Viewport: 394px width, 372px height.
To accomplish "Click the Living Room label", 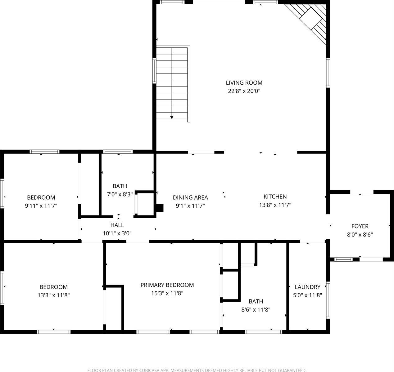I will click(x=244, y=83).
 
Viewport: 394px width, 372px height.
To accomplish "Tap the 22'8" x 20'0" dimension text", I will click(x=244, y=91).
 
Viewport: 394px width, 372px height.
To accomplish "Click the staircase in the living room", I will click(x=172, y=83).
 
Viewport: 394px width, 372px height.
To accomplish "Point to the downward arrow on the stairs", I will click(x=172, y=117).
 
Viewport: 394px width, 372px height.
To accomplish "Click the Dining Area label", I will click(x=190, y=197).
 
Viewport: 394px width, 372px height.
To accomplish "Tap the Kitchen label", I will click(x=275, y=197).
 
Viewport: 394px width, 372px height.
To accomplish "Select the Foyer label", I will click(x=360, y=226).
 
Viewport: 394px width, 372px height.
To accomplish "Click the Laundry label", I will click(x=307, y=287).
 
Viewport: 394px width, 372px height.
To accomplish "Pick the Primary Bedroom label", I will click(x=167, y=285).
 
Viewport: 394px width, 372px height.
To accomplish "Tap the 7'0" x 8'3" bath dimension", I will click(x=120, y=194).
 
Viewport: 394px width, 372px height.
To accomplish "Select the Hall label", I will click(x=117, y=225).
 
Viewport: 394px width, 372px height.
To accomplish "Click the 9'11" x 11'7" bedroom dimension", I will click(x=41, y=206).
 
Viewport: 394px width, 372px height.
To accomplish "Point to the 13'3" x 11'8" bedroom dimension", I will click(x=53, y=295).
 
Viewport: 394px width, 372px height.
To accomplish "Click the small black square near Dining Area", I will click(x=160, y=207).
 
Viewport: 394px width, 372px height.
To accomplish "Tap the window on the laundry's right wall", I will click(x=328, y=300).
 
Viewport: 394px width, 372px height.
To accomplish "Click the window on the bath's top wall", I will click(x=118, y=152).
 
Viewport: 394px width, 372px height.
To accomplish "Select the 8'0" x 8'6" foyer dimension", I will click(x=360, y=235).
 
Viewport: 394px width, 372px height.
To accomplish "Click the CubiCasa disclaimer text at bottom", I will click(x=197, y=370).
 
